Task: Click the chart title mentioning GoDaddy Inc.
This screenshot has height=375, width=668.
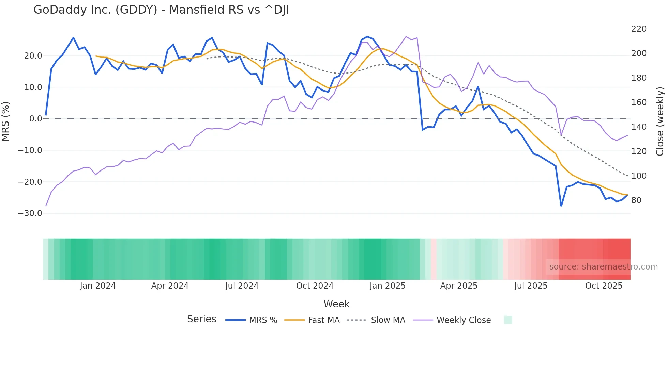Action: [x=161, y=10]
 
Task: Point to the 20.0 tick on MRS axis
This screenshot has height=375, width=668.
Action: [x=33, y=56]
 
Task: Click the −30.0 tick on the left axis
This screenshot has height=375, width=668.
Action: [x=30, y=213]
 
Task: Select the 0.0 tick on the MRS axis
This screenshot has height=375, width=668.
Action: [x=35, y=119]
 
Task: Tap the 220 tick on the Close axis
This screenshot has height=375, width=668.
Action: [x=639, y=29]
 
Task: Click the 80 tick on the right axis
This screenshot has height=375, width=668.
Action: [x=636, y=200]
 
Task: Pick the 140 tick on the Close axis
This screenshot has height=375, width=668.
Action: [x=639, y=127]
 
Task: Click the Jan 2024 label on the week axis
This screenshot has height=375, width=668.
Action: [x=98, y=286]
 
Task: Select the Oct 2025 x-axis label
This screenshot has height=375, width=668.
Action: [x=604, y=286]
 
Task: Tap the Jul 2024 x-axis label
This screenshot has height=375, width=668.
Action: [x=242, y=286]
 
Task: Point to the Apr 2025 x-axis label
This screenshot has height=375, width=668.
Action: [x=459, y=286]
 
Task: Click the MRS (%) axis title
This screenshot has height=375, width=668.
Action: [x=6, y=121]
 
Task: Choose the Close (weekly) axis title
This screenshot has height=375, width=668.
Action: [x=660, y=121]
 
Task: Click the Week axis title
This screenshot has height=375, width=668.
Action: [x=336, y=304]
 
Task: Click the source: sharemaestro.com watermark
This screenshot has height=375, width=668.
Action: [x=603, y=267]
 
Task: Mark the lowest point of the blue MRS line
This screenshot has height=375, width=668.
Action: [x=561, y=206]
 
